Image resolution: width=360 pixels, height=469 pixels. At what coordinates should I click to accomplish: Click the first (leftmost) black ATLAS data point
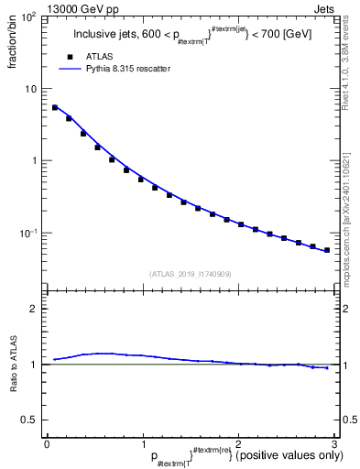[x=55, y=107]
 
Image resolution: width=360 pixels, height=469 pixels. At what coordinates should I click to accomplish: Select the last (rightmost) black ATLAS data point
[x=327, y=249]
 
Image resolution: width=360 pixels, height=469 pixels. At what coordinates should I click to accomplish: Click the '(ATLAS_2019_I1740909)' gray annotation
[x=190, y=273]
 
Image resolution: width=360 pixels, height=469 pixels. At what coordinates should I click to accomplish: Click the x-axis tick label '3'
[x=334, y=445]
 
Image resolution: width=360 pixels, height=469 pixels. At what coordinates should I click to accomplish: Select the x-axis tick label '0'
[x=47, y=445]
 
